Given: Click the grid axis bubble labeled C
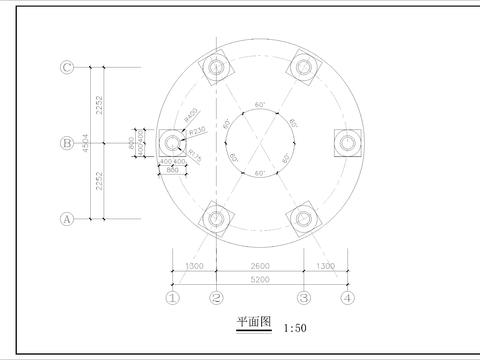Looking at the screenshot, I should (x=67, y=67).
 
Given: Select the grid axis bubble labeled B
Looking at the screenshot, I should (x=67, y=143).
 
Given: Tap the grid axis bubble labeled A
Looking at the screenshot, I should (x=67, y=218).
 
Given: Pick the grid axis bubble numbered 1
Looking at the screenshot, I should (x=172, y=297).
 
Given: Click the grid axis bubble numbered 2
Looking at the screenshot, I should (x=216, y=297).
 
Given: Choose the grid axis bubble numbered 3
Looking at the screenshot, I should (x=303, y=297).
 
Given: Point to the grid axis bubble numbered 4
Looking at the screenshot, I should (x=347, y=297).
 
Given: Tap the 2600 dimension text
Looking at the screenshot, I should (x=259, y=266).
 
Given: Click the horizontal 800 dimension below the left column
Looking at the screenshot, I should (x=172, y=168).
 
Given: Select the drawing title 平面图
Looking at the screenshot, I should (x=253, y=323).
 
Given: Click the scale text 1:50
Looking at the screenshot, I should (x=295, y=327).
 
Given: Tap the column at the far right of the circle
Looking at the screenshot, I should (x=347, y=143).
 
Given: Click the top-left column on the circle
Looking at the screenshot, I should (x=216, y=67).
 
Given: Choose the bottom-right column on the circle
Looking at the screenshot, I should (x=303, y=218).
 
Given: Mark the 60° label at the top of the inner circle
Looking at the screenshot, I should (x=260, y=105).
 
